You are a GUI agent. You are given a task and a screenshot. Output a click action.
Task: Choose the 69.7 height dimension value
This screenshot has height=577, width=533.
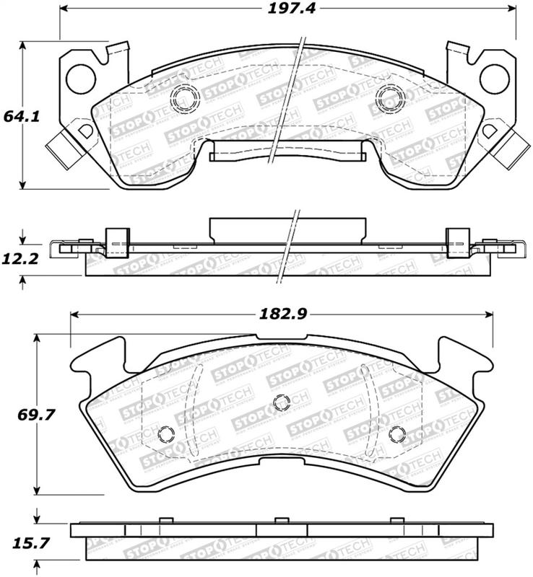[x=20, y=415]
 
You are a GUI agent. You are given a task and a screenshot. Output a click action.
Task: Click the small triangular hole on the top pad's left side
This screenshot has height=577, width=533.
[x=85, y=131]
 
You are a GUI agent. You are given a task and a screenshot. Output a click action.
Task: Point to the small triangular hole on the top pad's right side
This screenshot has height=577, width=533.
[x=488, y=131]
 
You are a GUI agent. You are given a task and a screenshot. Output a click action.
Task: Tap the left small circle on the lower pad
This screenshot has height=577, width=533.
[x=165, y=433]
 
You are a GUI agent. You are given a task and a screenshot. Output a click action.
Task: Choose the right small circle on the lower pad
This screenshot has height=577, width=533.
[x=396, y=433]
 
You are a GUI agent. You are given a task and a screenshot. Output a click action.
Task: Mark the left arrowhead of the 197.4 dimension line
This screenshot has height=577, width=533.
[x=63, y=9]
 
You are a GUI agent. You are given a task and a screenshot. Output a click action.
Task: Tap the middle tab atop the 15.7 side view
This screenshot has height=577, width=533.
[x=277, y=520]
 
